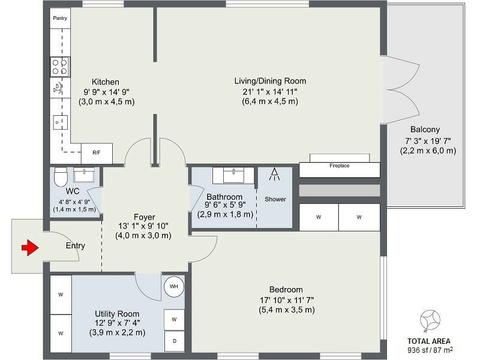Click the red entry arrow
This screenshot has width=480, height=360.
coord(29,247)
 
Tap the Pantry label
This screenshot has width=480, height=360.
coord(60,19)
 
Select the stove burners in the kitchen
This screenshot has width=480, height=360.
coord(60,67)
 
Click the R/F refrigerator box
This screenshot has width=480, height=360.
coord(97,153)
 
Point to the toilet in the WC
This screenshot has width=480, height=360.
coord(61,178)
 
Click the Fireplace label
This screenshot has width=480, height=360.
coord(340,165)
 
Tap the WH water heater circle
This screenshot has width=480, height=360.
coord(174,286)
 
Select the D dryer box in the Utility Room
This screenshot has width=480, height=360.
coord(174,341)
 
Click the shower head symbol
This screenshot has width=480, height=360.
coord(274,175)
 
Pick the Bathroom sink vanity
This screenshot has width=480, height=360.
coord(238,175)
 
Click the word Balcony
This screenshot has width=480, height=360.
coord(425,130)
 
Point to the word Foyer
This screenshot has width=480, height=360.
coord(144,217)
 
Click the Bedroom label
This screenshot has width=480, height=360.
coord(286,289)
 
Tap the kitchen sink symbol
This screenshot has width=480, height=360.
coord(59,88)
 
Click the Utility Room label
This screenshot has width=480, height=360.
coord(117,314)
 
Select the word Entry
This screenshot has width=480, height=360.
coord(76,245)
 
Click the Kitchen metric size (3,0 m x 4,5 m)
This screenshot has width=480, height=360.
coord(107,102)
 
